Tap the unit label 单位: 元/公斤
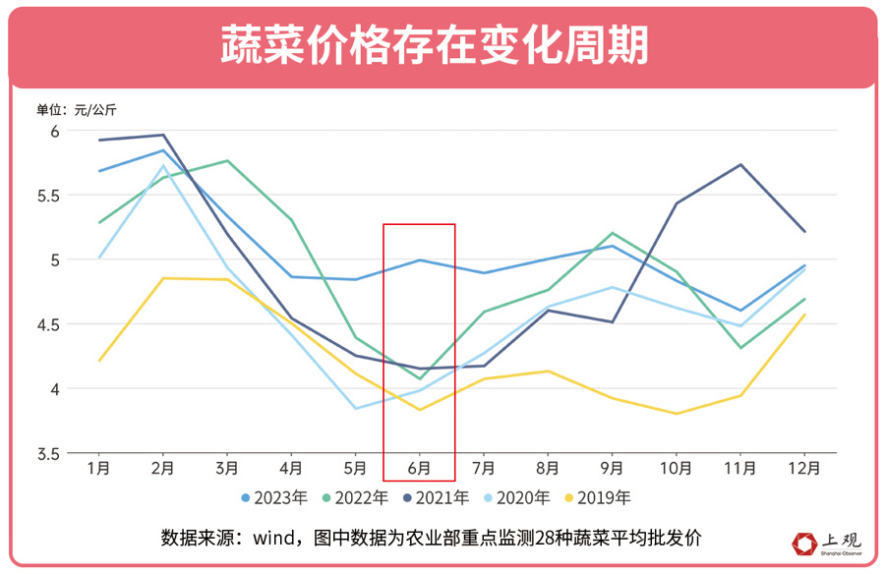tap(76, 109)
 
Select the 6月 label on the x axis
tap(419, 469)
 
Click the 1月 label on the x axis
tap(97, 469)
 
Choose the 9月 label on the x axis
tap(612, 469)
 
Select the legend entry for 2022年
tap(360, 498)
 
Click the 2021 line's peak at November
tap(740, 164)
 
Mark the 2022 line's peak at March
tap(227, 160)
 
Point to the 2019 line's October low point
tap(677, 414)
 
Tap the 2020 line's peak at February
tap(163, 165)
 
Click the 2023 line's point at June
tap(420, 260)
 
